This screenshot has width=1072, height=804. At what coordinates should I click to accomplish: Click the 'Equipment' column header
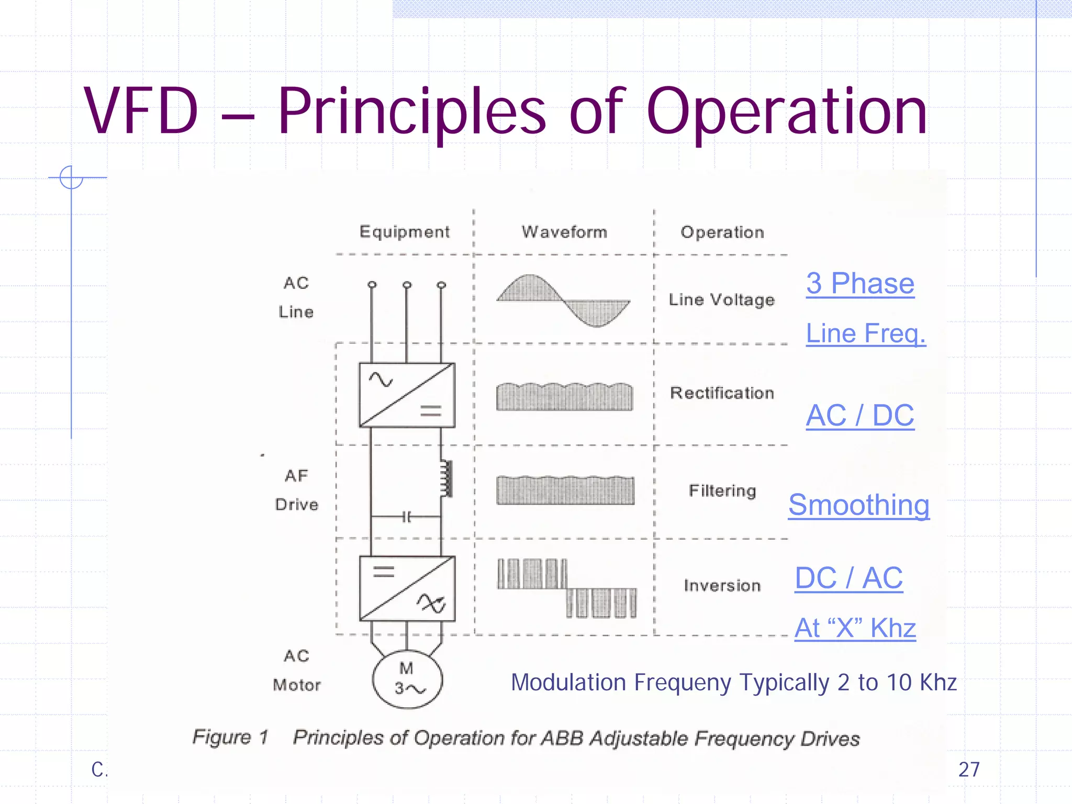coord(404,232)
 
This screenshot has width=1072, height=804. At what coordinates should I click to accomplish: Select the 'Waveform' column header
coord(564,232)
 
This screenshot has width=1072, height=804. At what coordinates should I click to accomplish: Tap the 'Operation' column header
coord(722,232)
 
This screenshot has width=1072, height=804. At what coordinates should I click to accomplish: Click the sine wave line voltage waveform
coord(563,300)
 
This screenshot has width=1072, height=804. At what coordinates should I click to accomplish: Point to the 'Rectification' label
coord(722,393)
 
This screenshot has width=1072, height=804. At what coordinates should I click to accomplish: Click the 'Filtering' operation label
coord(722,491)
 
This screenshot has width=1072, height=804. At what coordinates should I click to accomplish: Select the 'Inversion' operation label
coord(722,585)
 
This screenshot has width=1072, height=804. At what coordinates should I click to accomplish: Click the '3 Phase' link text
coord(860,284)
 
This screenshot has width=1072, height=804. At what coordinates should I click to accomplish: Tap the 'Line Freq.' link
coord(866,333)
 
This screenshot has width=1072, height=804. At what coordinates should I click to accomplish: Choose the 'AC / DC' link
coord(860,416)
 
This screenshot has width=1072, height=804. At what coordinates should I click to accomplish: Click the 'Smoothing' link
coord(859,505)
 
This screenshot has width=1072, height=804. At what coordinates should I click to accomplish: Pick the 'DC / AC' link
coord(848,578)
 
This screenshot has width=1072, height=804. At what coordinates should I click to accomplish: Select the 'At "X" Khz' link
coord(855,628)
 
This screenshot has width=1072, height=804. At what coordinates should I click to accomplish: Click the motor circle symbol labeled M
coord(407,679)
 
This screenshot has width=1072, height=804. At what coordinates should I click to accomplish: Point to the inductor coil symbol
coord(446,478)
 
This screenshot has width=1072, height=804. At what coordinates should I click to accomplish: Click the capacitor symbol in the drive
coord(407,517)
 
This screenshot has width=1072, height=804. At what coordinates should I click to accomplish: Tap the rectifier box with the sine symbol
coord(407,395)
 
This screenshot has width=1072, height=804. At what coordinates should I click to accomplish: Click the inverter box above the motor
coord(407,588)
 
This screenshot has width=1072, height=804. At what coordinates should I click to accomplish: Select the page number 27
coord(969,769)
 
